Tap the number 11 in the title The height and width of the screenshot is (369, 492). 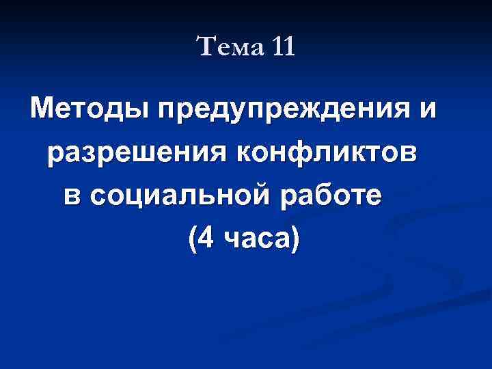[x=282, y=49]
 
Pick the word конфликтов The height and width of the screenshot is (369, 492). [x=327, y=152]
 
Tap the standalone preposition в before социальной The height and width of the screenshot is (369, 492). [x=73, y=196]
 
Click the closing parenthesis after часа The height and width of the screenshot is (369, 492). [x=295, y=240]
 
